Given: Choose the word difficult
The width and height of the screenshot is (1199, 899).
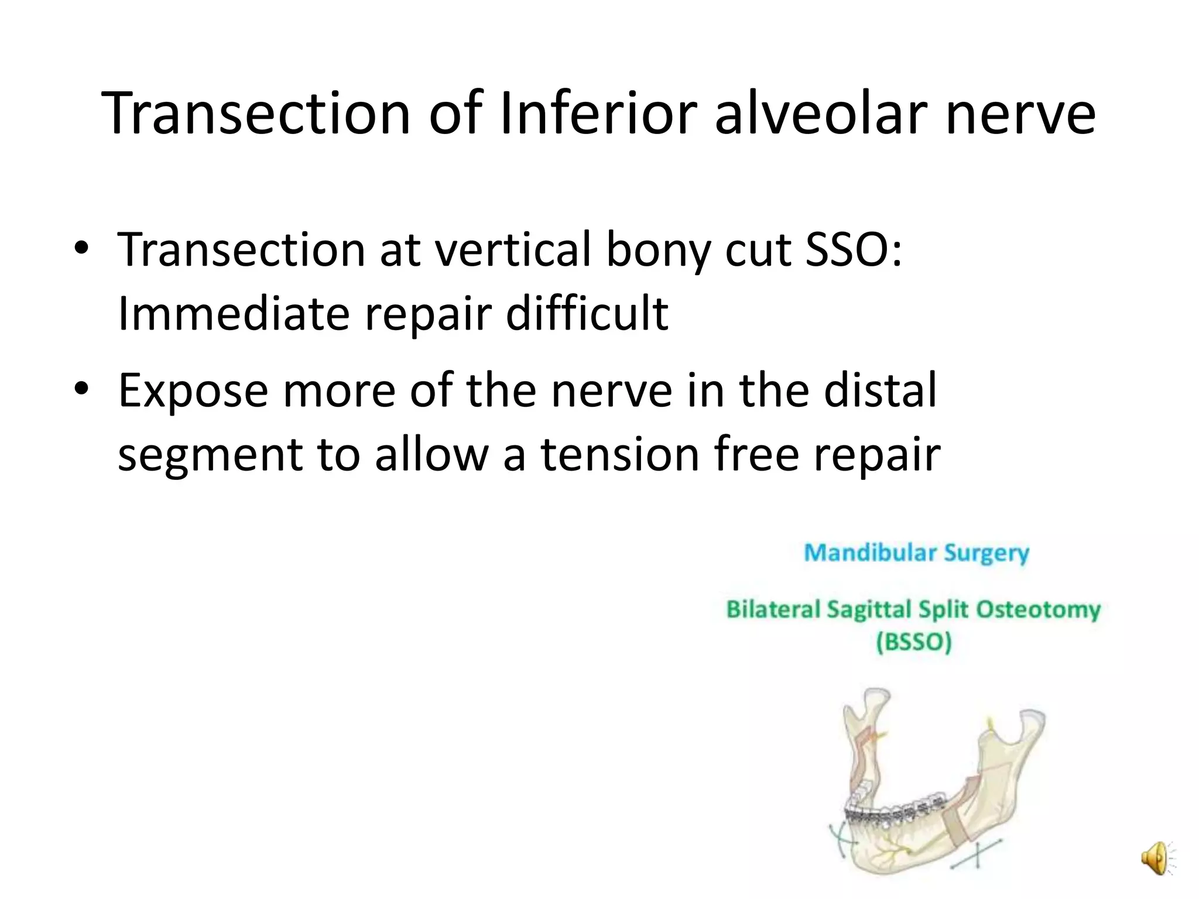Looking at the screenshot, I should pos(587,314).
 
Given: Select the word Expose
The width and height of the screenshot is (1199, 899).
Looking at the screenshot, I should pos(193,391).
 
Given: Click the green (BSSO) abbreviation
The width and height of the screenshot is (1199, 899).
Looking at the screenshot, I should pos(913,642).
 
